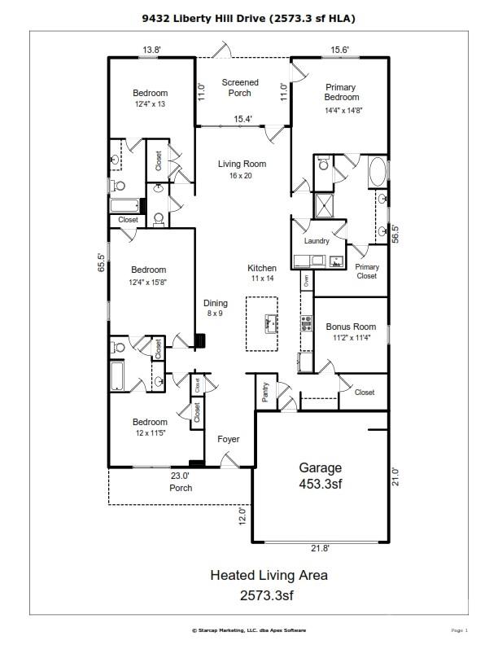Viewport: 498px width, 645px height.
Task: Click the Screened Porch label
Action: (240, 88)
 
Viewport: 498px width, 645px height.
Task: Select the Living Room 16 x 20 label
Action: (242, 169)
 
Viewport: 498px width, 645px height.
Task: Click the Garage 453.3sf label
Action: (320, 476)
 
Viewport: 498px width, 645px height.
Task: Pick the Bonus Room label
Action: (352, 331)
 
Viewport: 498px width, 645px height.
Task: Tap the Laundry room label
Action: (316, 242)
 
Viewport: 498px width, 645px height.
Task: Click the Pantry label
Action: (265, 393)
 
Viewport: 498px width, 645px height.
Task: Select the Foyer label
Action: (229, 440)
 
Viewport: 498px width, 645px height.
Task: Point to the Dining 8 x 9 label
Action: (216, 308)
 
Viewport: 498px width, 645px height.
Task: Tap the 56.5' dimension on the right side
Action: (396, 234)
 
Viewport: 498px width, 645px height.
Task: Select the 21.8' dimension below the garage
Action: (321, 549)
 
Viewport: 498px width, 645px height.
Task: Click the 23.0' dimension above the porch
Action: (179, 476)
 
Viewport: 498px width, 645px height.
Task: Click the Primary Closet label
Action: (367, 272)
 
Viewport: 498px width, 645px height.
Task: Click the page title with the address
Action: (249, 17)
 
